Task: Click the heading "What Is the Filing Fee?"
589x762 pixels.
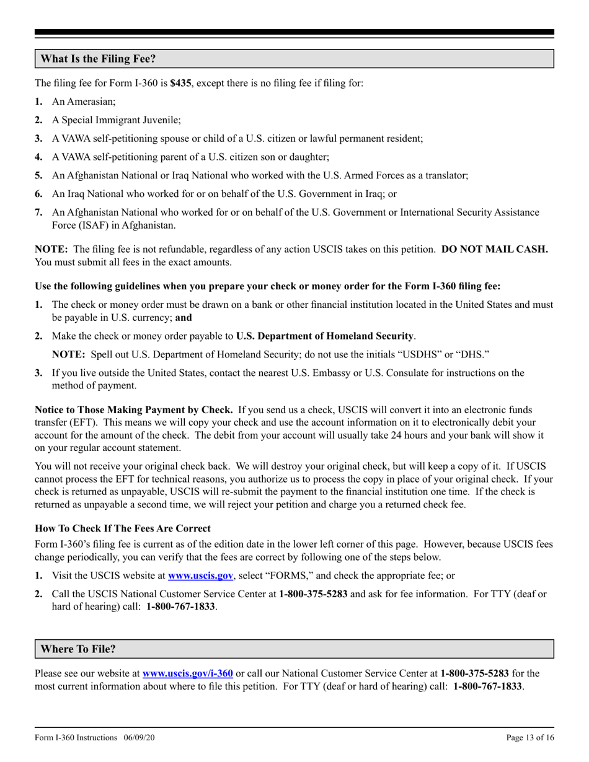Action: (x=98, y=59)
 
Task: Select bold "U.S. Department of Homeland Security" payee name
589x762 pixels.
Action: (x=325, y=336)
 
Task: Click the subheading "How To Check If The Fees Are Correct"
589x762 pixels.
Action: (x=123, y=528)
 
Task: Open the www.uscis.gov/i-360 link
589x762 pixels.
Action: (x=188, y=672)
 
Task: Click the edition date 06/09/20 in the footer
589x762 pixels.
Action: (x=138, y=738)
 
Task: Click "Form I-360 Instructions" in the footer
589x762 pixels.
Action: (x=76, y=738)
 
